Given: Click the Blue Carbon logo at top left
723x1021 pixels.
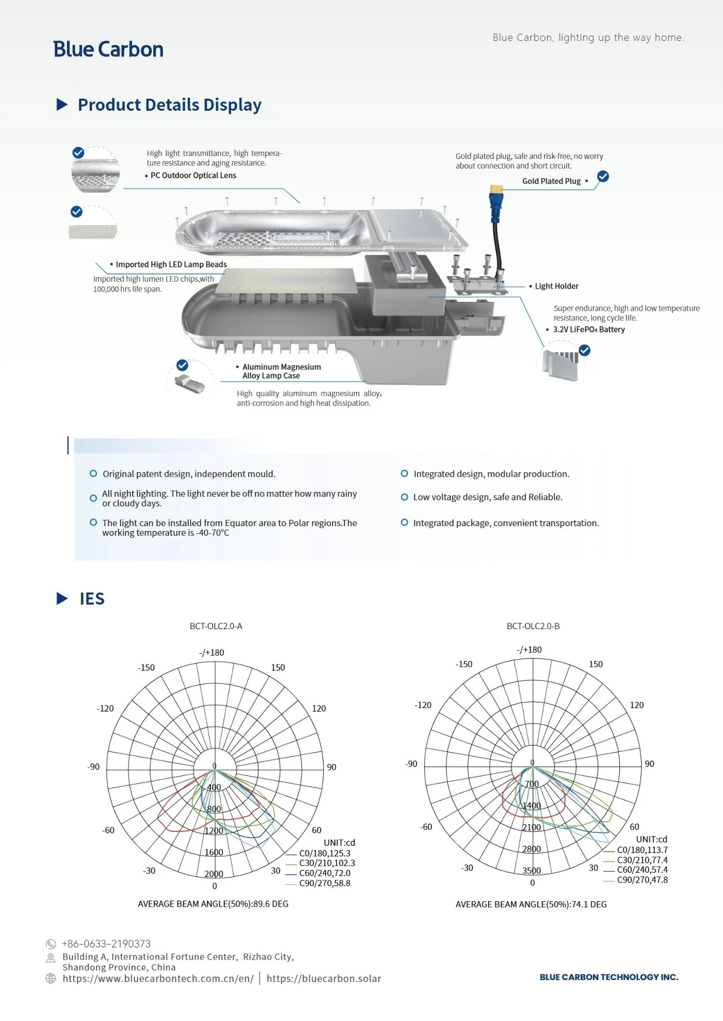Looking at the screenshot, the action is click(108, 49).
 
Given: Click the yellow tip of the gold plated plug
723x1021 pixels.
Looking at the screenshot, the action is click(496, 188).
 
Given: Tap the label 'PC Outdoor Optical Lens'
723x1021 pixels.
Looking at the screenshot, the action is click(193, 176).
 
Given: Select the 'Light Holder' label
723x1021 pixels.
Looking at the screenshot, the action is click(557, 286).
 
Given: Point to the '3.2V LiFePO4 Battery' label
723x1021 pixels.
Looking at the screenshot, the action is click(589, 329).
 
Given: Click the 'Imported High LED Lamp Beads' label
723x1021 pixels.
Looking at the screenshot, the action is click(171, 264).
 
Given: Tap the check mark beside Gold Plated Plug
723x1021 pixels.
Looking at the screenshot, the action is click(603, 176).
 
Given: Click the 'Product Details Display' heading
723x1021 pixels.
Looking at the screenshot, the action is click(170, 105).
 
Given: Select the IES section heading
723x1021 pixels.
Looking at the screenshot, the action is click(92, 598).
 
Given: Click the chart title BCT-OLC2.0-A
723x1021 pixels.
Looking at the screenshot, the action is click(216, 626).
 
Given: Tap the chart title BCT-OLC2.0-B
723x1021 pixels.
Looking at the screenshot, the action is click(533, 626).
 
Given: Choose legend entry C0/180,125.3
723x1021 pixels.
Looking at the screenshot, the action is click(325, 853).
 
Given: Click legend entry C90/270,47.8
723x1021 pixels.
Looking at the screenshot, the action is click(642, 880).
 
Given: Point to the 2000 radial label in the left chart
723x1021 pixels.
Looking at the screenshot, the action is click(213, 874).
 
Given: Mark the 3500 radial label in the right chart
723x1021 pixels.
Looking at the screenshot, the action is click(531, 870).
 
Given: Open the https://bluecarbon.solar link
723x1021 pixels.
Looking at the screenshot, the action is click(324, 978).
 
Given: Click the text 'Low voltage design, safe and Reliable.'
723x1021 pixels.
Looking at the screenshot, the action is click(487, 497).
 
